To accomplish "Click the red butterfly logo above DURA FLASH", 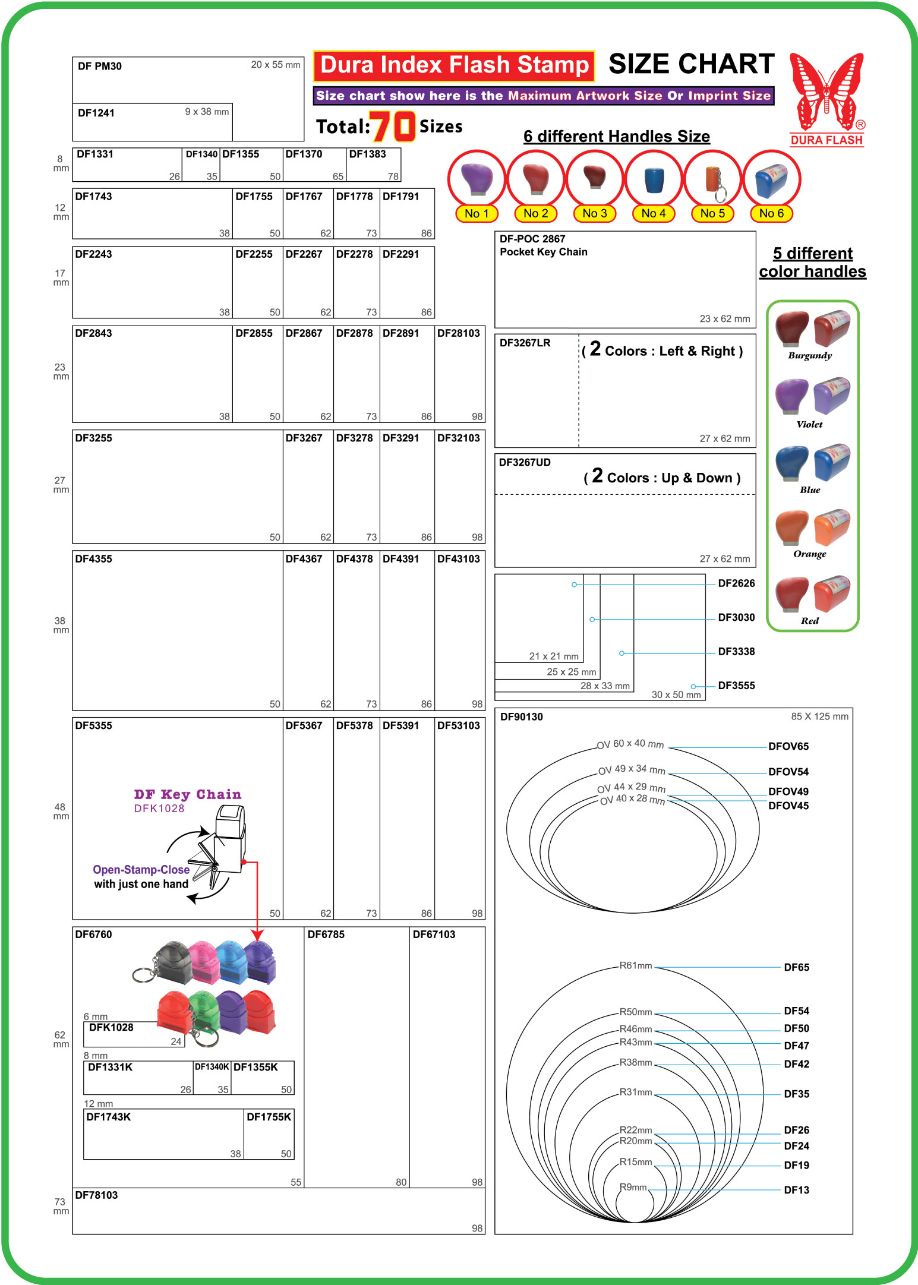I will pyautogui.click(x=826, y=91).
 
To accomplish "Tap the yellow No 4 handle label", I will pyautogui.click(x=653, y=213).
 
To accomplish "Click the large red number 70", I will pyautogui.click(x=392, y=126).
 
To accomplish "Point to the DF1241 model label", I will pyautogui.click(x=96, y=113).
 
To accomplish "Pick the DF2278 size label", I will pyautogui.click(x=354, y=254).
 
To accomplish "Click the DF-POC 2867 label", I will pyautogui.click(x=532, y=239).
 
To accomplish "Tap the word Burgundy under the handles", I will pyautogui.click(x=809, y=355).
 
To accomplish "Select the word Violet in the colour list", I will pyautogui.click(x=809, y=424).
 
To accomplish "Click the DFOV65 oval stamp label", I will pyautogui.click(x=788, y=746).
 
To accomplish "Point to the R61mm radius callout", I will pyautogui.click(x=635, y=965).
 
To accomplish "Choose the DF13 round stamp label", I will pyautogui.click(x=796, y=1189).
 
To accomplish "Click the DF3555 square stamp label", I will pyautogui.click(x=736, y=685).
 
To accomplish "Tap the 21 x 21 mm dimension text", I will pyautogui.click(x=553, y=656).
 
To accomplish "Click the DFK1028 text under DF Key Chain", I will pyautogui.click(x=159, y=808).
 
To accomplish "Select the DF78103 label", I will pyautogui.click(x=96, y=1195).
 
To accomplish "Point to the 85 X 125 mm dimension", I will pyautogui.click(x=819, y=716).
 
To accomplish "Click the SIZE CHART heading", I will pyautogui.click(x=692, y=64).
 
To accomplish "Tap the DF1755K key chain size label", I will pyautogui.click(x=269, y=1117).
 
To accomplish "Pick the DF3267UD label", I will pyautogui.click(x=525, y=462).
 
